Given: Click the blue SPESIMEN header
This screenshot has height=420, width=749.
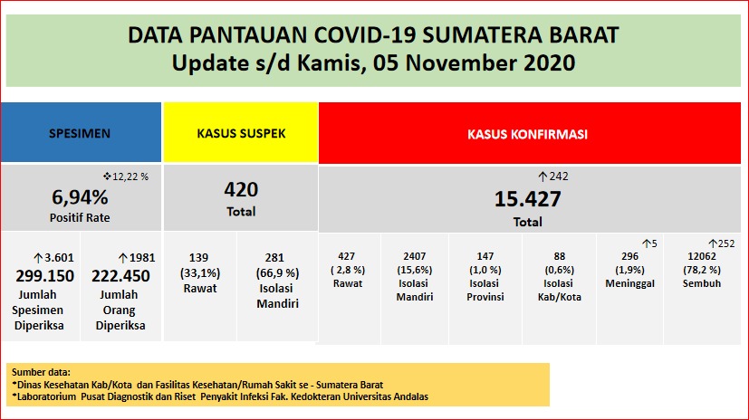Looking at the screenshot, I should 80,133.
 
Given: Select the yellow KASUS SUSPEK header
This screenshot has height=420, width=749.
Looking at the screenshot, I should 241,133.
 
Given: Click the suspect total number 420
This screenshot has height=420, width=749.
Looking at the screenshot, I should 241,190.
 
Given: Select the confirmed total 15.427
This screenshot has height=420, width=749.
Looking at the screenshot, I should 527,199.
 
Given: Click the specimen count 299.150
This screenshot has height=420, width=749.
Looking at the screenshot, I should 41,275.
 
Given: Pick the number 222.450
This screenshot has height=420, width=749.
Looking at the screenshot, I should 121,275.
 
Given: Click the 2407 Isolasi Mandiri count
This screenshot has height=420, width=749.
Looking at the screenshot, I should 414,256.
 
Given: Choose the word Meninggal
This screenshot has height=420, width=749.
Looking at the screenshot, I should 629,283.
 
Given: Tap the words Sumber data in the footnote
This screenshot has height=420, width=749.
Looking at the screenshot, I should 40,372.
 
